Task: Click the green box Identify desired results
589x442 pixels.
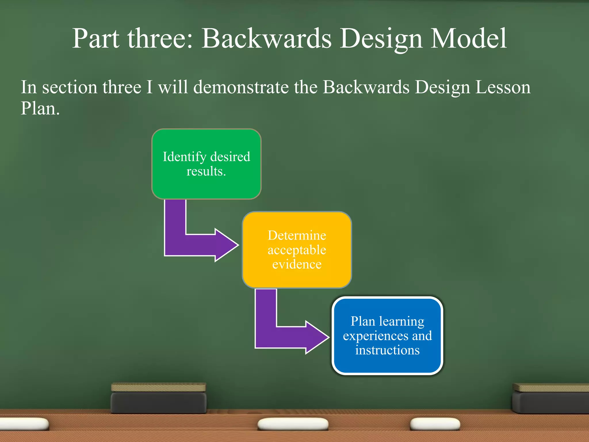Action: (206, 164)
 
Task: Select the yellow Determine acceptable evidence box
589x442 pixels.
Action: (297, 250)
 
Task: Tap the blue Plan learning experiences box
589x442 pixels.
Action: (387, 336)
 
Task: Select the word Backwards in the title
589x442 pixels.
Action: (266, 39)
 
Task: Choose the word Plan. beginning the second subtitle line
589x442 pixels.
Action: (40, 109)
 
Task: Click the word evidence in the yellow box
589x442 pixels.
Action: (297, 264)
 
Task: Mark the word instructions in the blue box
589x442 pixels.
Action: (387, 350)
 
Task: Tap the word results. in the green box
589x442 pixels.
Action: (206, 172)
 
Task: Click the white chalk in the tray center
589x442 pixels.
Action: (293, 424)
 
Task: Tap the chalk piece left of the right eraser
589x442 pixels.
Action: (435, 424)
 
